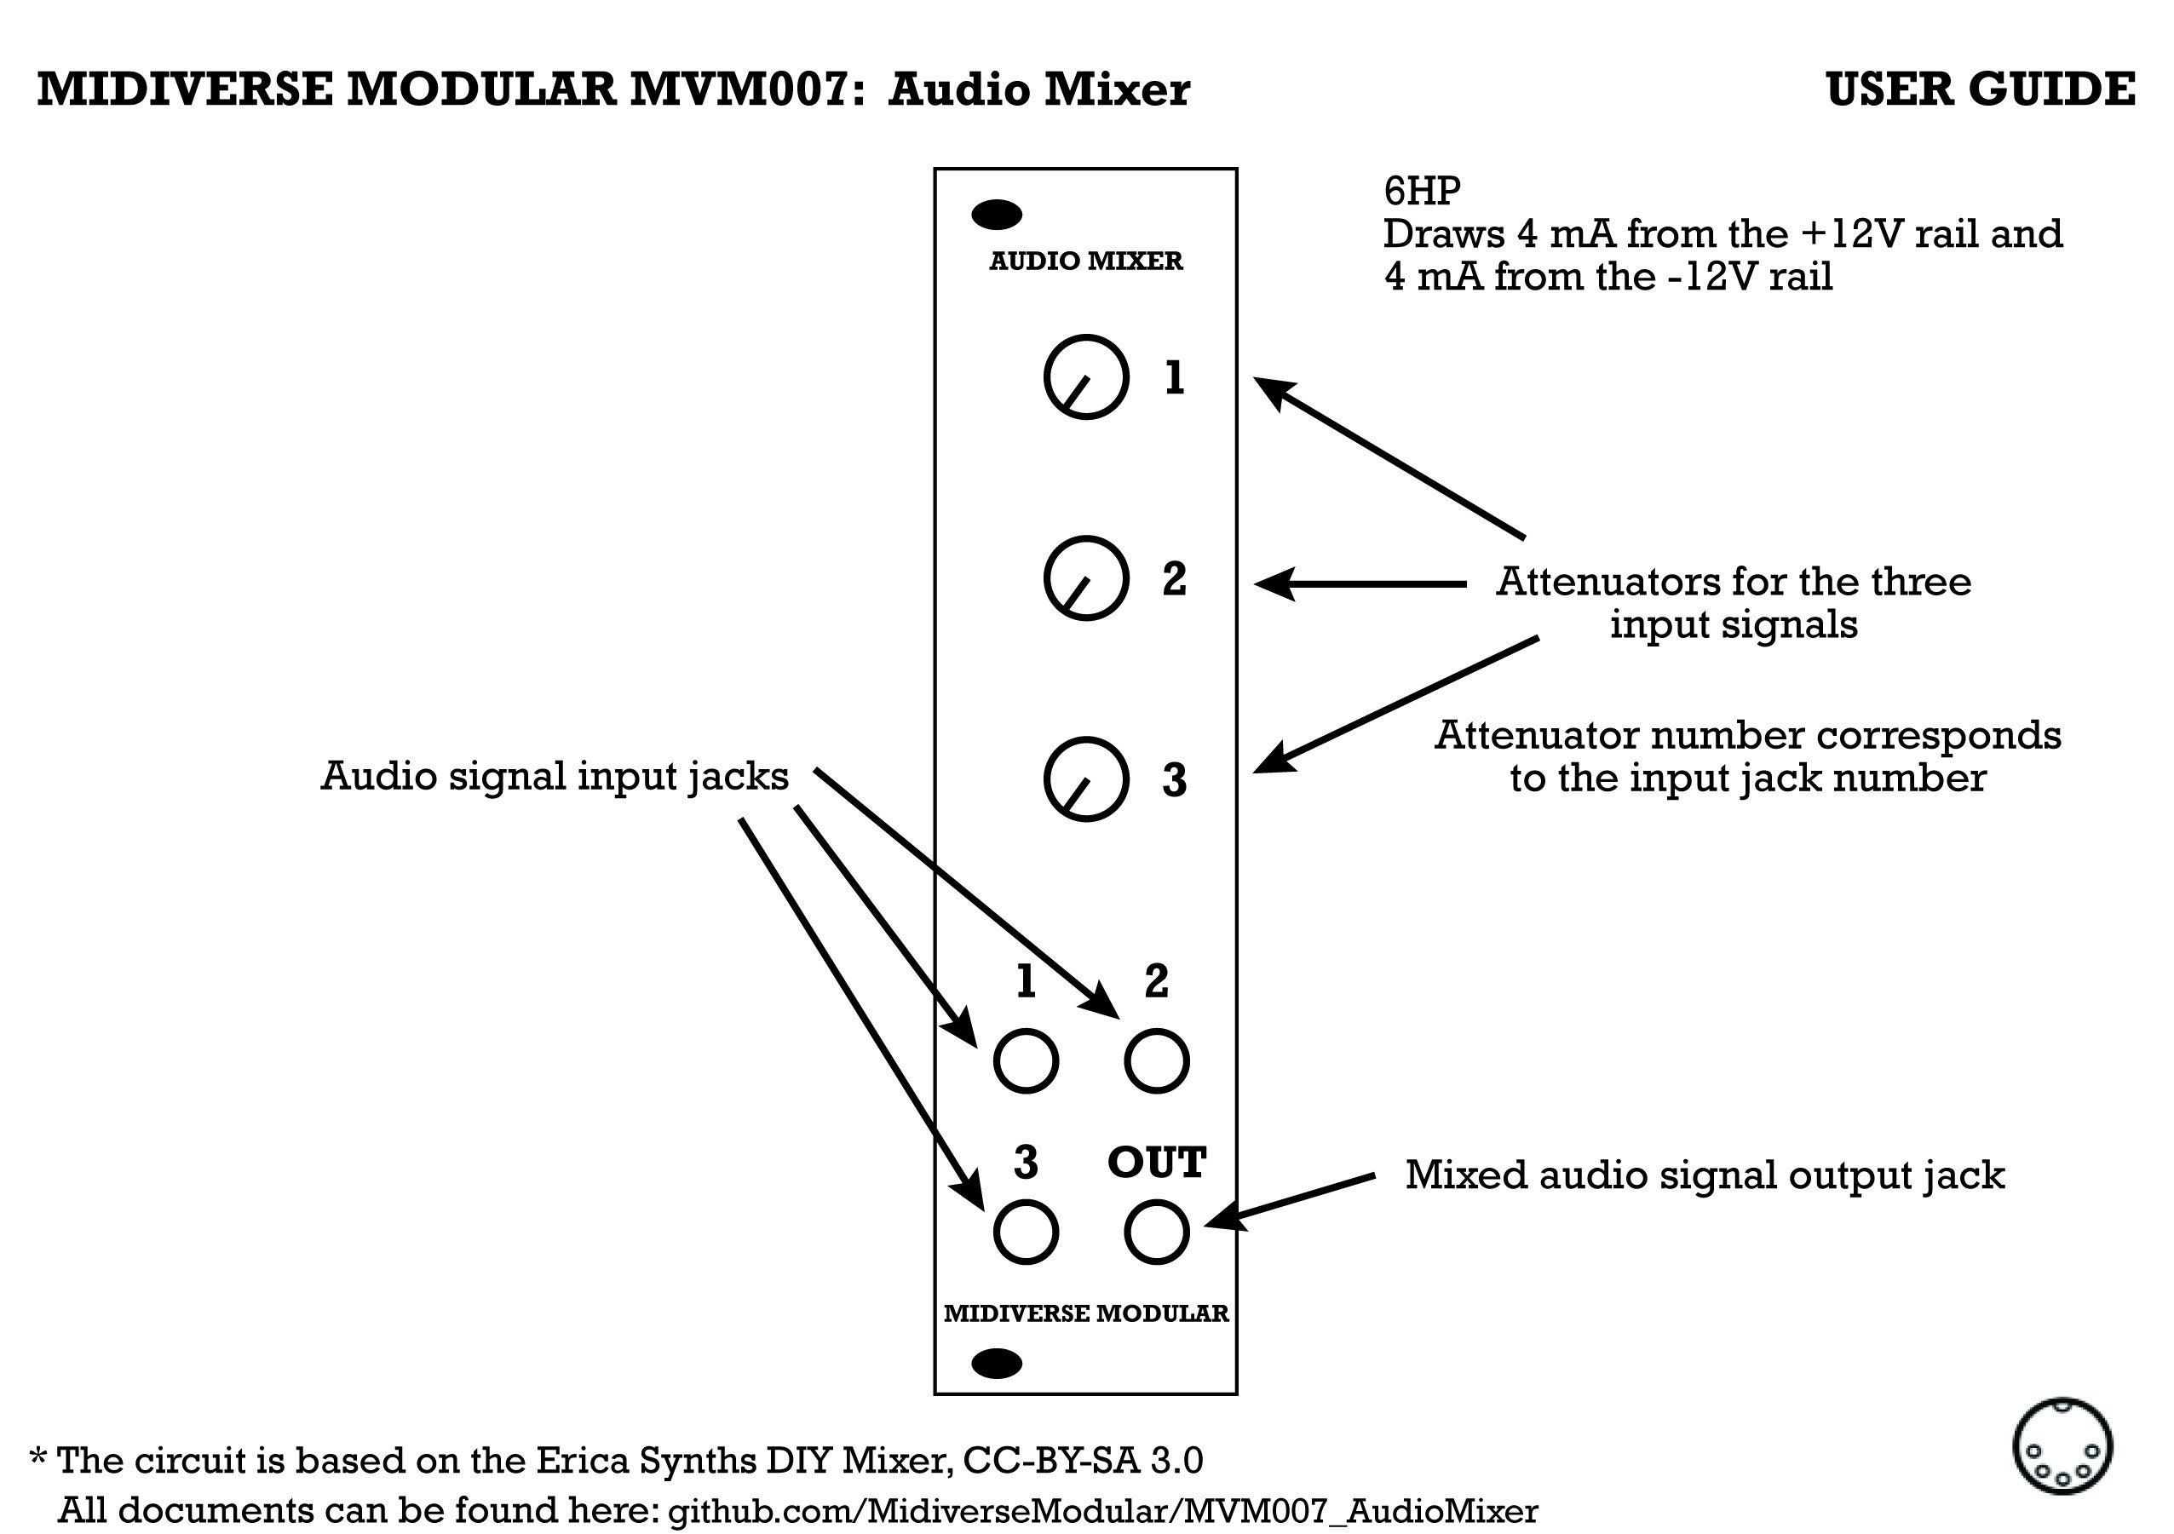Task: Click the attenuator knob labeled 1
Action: (1086, 376)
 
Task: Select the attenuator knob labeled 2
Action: (1086, 578)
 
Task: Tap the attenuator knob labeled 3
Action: (1086, 779)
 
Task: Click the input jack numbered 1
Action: (1026, 1060)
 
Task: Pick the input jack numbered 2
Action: (1156, 1060)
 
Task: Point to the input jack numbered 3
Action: (1026, 1232)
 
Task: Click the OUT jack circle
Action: (1156, 1232)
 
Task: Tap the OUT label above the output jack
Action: (1156, 1163)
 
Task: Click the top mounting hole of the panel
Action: (997, 215)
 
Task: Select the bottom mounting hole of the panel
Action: (997, 1364)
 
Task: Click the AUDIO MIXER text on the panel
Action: (1086, 261)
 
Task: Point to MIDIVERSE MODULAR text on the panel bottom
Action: (1086, 1313)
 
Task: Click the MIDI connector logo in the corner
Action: (2062, 1447)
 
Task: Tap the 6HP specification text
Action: (1421, 192)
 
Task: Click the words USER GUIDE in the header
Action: (1980, 90)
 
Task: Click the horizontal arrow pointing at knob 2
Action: (1360, 584)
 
